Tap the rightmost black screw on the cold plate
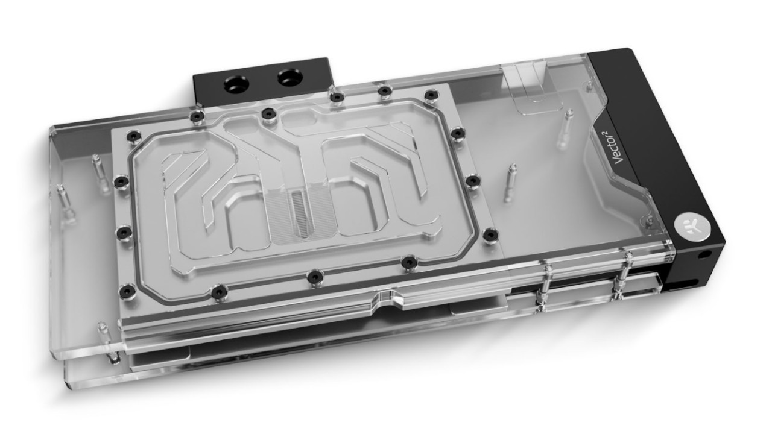click(x=490, y=233)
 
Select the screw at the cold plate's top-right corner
click(x=431, y=95)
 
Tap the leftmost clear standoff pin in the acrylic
click(x=62, y=193)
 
